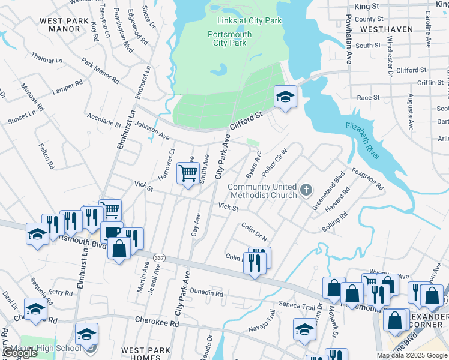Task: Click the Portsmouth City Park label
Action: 229,38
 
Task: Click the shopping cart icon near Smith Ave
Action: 188,173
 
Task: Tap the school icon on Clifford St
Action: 285,96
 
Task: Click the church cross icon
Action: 306,191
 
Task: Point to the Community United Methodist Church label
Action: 262,191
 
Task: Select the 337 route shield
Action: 159,257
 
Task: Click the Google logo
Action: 20,353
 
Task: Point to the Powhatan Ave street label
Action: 348,39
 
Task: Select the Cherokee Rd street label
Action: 157,322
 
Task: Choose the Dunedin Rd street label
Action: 206,293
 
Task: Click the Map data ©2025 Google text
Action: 411,355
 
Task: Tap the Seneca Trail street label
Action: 296,306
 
